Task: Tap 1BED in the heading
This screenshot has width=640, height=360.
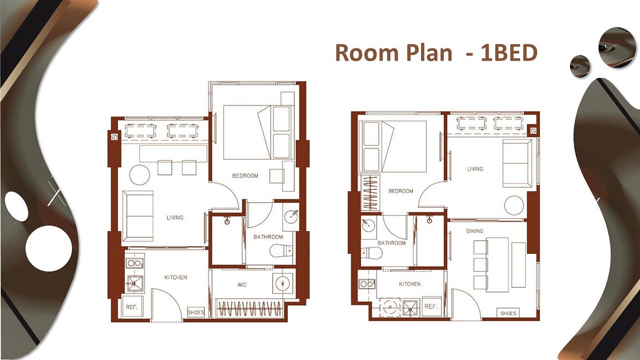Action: [509, 53]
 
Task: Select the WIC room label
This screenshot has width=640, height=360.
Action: [242, 284]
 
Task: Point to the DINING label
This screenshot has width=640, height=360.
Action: [474, 231]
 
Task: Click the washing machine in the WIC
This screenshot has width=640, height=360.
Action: [282, 282]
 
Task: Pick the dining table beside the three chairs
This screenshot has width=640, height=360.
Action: [497, 264]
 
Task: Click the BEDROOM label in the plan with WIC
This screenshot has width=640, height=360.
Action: [245, 176]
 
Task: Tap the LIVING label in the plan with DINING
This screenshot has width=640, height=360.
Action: [475, 168]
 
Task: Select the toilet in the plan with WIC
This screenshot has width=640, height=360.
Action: [281, 250]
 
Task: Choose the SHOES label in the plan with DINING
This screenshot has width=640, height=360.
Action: [508, 313]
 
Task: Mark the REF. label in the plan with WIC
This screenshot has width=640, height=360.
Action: [132, 307]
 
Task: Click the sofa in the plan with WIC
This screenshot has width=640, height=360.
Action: [138, 216]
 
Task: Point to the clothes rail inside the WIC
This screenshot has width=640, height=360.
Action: [249, 308]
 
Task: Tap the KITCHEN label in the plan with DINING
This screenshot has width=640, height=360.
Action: [410, 284]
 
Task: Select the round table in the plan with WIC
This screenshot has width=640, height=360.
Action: [139, 174]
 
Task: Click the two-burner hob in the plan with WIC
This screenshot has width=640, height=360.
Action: [134, 263]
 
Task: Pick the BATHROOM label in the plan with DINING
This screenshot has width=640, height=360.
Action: [392, 243]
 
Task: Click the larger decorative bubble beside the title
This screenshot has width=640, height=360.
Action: [617, 47]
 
